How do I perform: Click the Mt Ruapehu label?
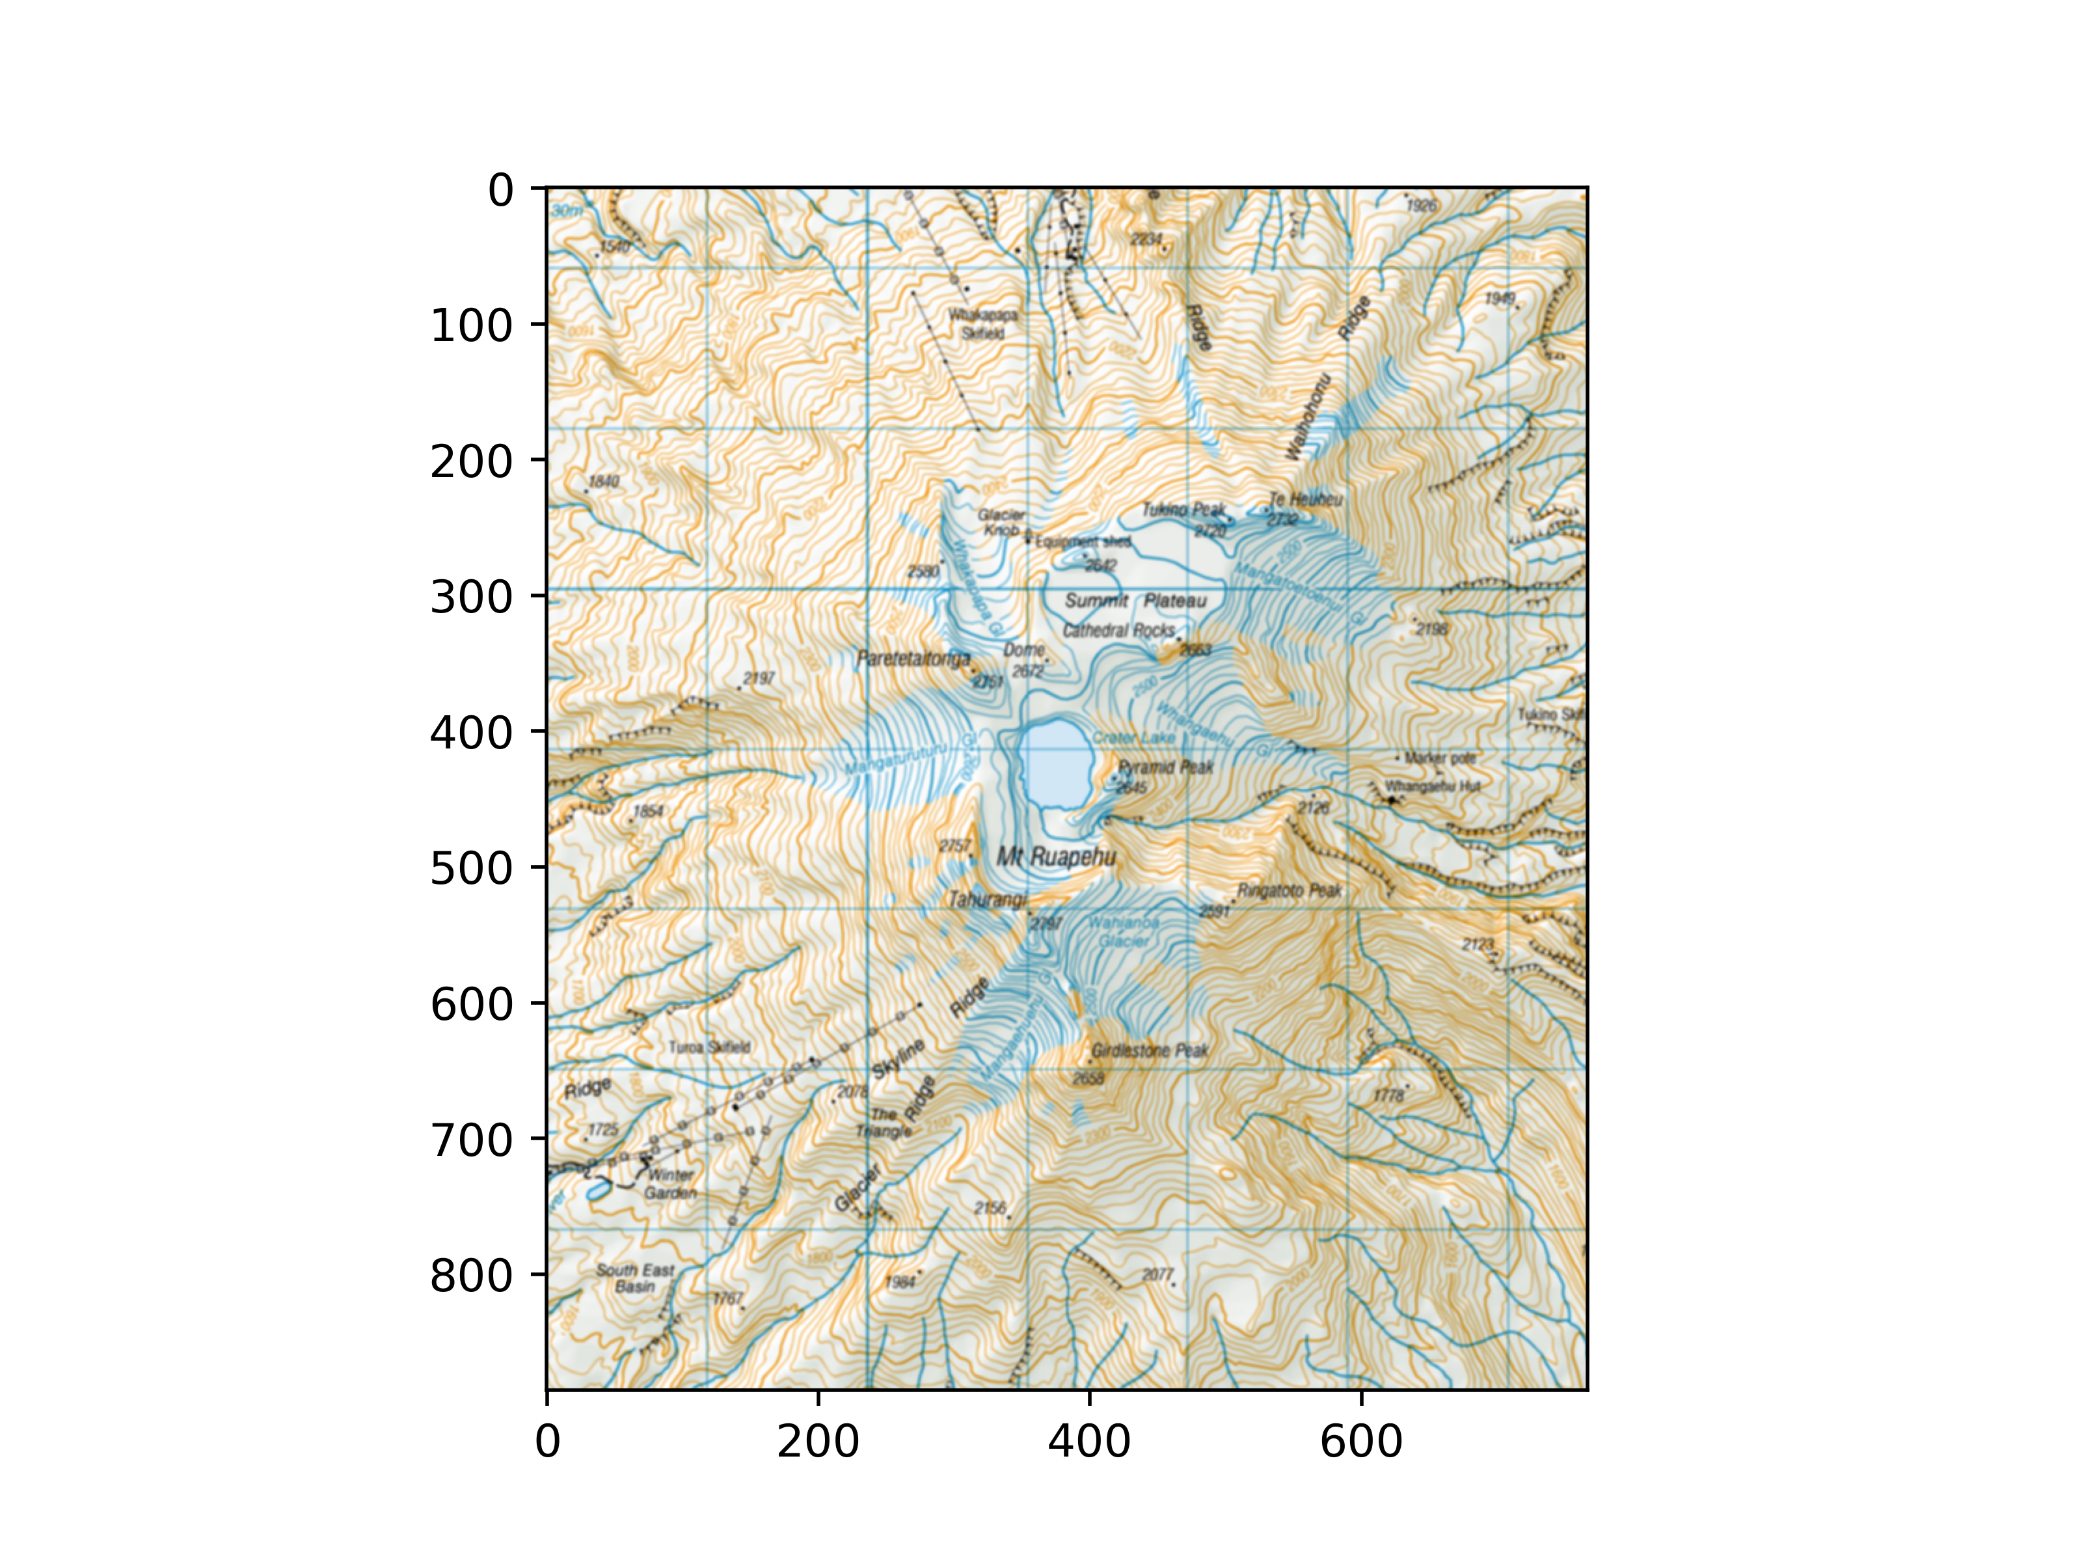[1056, 856]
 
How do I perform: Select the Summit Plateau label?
[1135, 601]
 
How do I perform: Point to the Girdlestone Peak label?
[1149, 1050]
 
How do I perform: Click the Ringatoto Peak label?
[1288, 891]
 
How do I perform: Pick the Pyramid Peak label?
[1166, 767]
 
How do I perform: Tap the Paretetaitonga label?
[913, 659]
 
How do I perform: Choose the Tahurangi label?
[986, 900]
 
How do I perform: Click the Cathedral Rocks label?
[1118, 630]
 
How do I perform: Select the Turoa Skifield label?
[710, 1047]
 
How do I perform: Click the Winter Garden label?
[670, 1183]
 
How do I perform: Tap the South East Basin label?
[635, 1278]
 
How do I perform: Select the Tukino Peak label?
[1183, 510]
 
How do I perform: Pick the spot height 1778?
[1389, 1095]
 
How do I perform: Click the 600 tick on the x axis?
[1361, 1391]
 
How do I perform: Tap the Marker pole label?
[1440, 758]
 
